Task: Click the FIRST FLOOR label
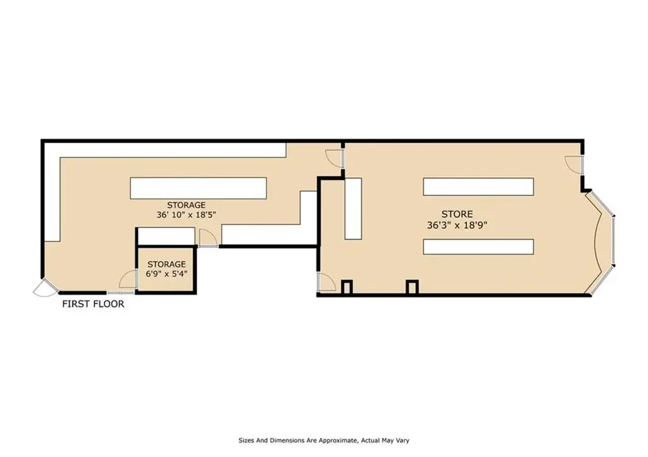(x=93, y=304)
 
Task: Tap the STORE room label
(x=457, y=214)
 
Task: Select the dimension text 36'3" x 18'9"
(x=457, y=226)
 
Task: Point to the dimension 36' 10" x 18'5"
(x=187, y=215)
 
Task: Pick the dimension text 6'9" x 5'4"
(x=166, y=274)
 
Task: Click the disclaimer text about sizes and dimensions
(x=324, y=441)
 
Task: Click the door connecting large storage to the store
(x=334, y=159)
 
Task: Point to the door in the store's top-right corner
(x=574, y=164)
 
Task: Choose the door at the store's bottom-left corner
(x=327, y=282)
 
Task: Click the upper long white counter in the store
(x=478, y=186)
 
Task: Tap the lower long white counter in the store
(x=478, y=247)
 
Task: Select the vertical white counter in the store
(x=353, y=209)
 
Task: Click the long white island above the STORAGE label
(x=198, y=188)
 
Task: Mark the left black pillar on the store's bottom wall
(x=347, y=287)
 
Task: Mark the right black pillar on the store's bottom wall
(x=412, y=287)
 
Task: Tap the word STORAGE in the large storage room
(x=187, y=205)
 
